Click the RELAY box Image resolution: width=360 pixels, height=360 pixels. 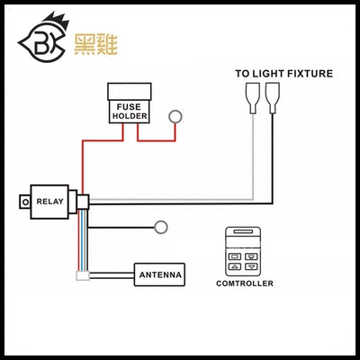click(x=49, y=202)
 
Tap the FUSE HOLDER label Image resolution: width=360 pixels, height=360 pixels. click(x=130, y=112)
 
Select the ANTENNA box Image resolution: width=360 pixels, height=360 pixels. click(x=159, y=274)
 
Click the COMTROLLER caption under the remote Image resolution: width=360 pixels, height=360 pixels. click(x=245, y=283)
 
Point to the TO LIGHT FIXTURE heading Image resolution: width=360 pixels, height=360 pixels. click(x=283, y=74)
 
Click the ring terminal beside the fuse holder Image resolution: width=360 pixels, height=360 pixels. click(x=175, y=116)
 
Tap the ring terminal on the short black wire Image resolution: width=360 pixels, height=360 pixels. click(x=161, y=227)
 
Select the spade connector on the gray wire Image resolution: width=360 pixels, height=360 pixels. click(x=253, y=98)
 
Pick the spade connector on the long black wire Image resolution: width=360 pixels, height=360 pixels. click(x=273, y=98)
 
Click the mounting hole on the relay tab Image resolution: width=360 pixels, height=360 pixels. click(x=25, y=202)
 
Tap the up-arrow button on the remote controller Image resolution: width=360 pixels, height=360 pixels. click(x=235, y=266)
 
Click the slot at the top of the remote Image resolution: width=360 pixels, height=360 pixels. click(x=243, y=231)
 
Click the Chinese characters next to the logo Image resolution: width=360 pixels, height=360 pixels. click(x=95, y=44)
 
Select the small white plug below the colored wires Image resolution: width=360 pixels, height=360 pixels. click(x=83, y=275)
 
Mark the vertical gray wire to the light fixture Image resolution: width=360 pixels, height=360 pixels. click(x=253, y=156)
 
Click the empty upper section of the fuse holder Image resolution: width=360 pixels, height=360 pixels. click(x=130, y=92)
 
